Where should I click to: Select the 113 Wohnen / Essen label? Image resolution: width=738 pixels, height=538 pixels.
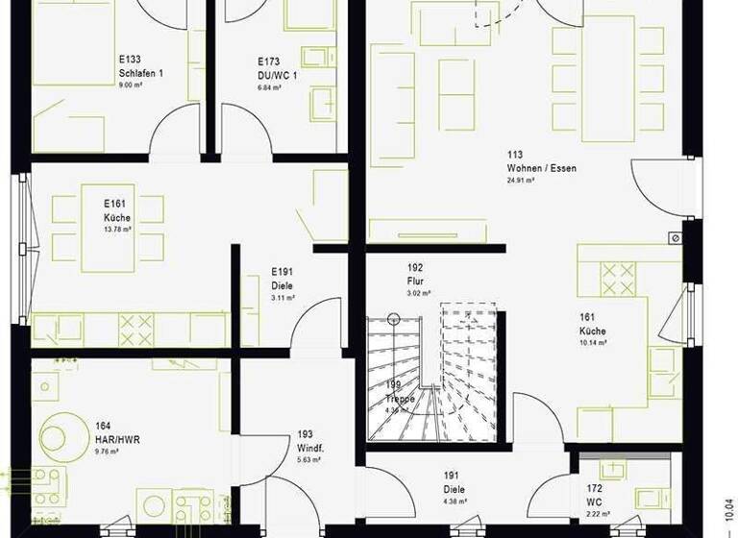point(541,161)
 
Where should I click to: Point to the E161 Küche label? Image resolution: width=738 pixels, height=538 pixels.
point(117,210)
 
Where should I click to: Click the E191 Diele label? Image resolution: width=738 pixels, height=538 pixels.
point(283,279)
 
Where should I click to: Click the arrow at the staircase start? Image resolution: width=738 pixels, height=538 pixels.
point(393,320)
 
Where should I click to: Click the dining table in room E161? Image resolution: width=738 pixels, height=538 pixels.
point(108,228)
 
